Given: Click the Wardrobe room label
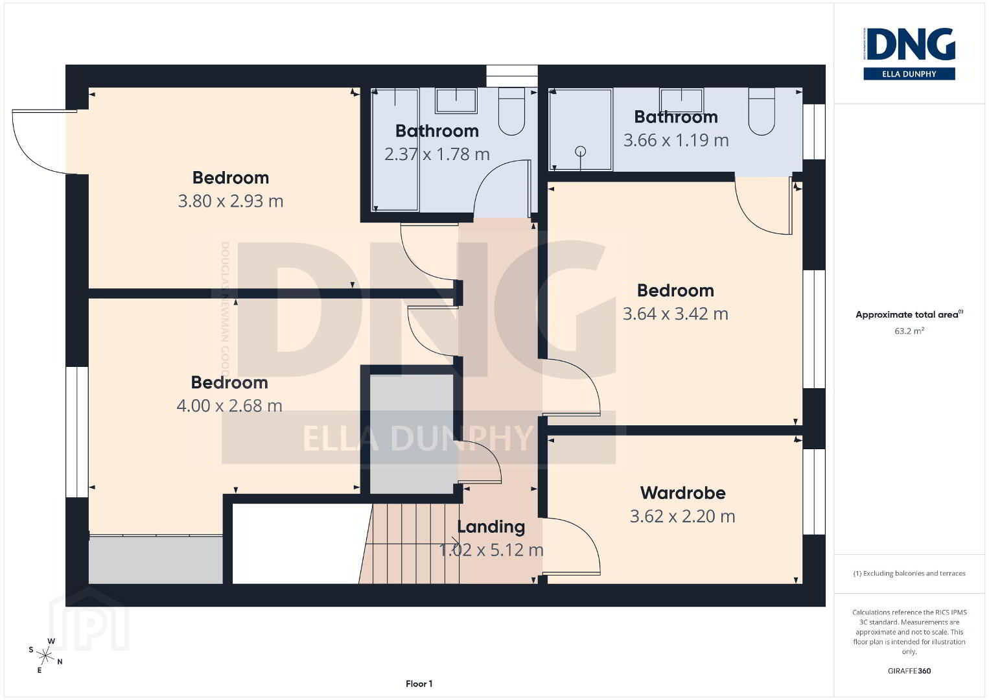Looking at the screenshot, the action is point(682,493).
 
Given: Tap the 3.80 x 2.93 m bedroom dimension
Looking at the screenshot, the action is point(231,202).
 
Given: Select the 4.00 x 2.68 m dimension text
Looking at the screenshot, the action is point(229,406).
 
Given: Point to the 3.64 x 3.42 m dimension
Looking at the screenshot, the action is point(675,314).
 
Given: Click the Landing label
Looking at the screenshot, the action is point(491,527).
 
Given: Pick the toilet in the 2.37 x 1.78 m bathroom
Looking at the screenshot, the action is point(511,111).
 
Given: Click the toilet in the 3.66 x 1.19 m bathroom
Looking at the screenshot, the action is point(762,111).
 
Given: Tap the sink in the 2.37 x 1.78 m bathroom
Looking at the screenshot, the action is point(456,100).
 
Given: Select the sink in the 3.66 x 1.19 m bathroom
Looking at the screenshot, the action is point(681,100).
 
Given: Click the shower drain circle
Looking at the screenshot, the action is point(581,152).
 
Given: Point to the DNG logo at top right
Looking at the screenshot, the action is point(909,53).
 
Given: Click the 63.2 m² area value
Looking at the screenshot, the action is point(909,331).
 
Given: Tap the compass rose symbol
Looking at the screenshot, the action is point(45,656).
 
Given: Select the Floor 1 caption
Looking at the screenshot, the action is point(419,684).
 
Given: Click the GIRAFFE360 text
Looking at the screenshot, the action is point(909,671).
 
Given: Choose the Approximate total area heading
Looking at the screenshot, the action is point(909,314).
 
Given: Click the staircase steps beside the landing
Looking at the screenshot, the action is point(410,544).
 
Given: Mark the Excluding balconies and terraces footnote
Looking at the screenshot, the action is point(909,573).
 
